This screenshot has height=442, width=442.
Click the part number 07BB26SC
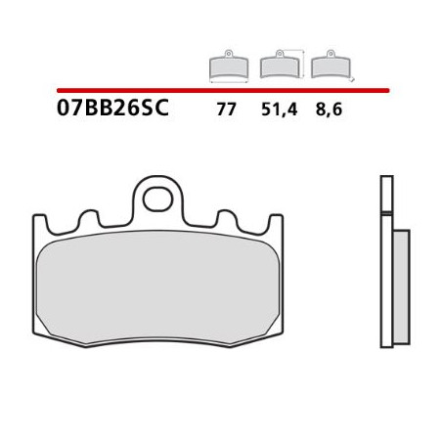point(113,109)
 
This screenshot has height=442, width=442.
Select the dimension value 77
point(226,110)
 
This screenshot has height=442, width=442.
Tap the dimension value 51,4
point(278,110)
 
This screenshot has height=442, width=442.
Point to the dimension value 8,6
point(328,110)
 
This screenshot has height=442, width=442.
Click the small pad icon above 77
point(229,67)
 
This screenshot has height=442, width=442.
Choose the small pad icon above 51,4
point(280,66)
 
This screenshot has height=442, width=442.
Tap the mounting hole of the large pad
point(156,199)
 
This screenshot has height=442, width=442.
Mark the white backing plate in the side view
point(386,259)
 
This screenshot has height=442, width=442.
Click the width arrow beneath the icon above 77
point(229,81)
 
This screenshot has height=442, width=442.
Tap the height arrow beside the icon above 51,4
point(302,63)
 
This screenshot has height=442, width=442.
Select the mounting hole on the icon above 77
point(229,54)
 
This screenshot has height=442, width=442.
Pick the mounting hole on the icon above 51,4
point(280,54)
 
